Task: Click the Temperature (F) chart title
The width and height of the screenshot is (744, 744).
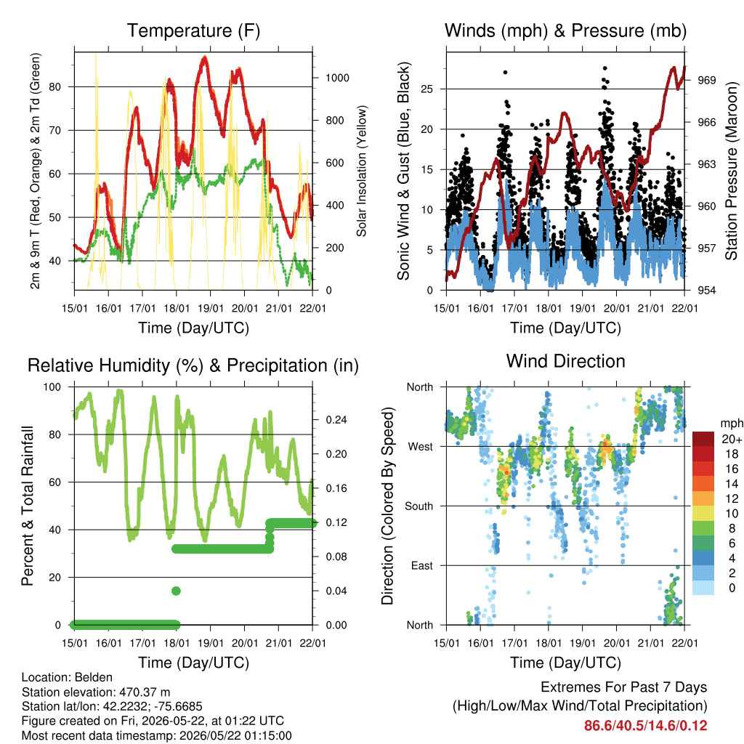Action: [193, 31]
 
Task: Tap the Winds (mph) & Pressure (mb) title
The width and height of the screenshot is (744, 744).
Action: [565, 31]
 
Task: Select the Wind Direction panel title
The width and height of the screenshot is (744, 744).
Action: [565, 361]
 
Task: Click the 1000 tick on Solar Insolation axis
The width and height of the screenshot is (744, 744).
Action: [337, 78]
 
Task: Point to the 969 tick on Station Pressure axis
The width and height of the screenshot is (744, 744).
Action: [706, 80]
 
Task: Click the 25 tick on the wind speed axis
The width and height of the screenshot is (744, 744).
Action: [426, 89]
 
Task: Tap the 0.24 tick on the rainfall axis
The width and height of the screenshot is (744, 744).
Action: [336, 420]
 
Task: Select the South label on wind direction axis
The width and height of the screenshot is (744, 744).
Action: [419, 506]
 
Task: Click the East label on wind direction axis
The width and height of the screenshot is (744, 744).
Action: [422, 565]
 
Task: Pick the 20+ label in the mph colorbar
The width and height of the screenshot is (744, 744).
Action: [732, 439]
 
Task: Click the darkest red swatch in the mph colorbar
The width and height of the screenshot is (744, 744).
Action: [703, 439]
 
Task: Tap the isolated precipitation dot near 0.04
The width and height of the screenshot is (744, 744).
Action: [176, 591]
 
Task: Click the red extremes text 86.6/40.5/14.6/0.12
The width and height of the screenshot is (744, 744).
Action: [645, 726]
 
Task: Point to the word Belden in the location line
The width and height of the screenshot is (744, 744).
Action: [94, 677]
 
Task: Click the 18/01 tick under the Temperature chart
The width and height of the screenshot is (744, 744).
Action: [177, 308]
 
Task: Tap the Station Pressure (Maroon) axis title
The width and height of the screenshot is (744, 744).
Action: [731, 171]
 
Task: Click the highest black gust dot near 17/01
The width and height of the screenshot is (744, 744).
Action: [506, 72]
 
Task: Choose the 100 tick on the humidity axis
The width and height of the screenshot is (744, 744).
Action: [52, 387]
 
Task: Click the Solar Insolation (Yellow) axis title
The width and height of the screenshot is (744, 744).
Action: [362, 171]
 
